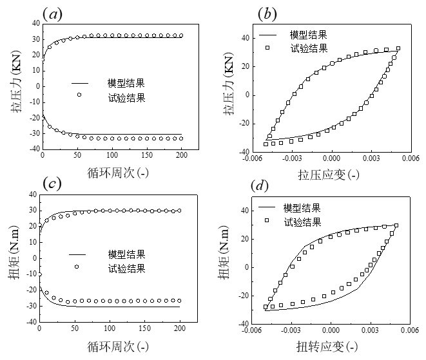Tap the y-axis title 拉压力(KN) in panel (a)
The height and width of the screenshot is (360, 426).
click(15, 86)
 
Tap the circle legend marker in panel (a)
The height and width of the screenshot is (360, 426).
click(79, 95)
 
